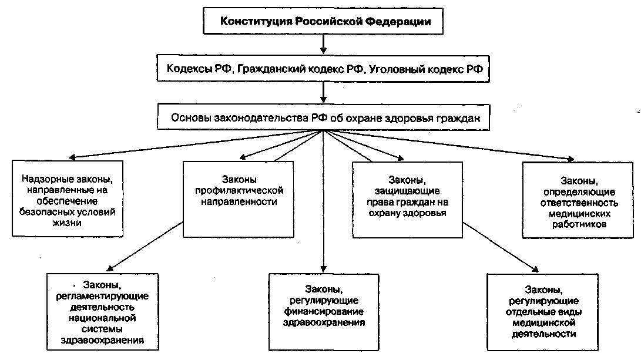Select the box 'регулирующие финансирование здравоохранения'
point(324,306)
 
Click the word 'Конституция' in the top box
point(252,22)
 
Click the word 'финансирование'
point(324,311)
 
